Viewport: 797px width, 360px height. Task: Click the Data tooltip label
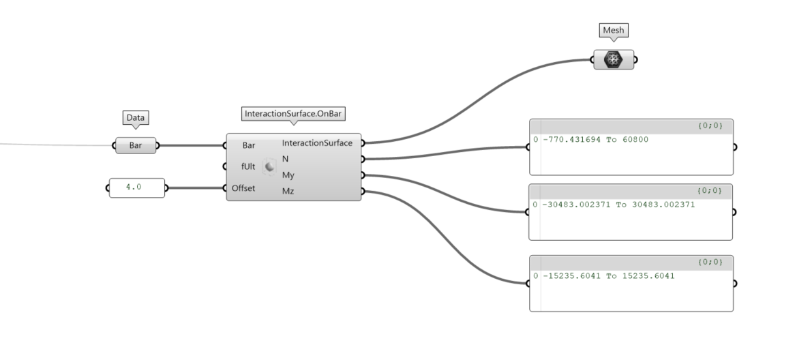click(135, 118)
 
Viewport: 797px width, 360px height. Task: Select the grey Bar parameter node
click(135, 145)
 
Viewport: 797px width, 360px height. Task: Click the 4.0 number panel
click(136, 187)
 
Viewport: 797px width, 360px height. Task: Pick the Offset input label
click(243, 188)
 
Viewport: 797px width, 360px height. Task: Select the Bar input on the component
click(248, 145)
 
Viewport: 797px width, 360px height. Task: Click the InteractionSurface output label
click(317, 143)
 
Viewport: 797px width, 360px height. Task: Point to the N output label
click(286, 158)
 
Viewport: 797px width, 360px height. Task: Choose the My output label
click(288, 175)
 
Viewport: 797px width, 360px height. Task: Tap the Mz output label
click(288, 191)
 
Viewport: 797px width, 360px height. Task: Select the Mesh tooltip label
click(613, 31)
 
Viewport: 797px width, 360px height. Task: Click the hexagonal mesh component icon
click(613, 59)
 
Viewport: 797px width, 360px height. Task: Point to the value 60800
click(633, 140)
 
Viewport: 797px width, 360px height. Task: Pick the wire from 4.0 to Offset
click(196, 187)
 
